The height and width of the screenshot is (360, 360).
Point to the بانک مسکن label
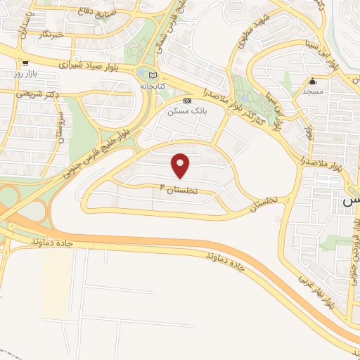pyautogui.click(x=186, y=111)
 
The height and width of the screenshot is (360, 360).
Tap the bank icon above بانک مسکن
pyautogui.click(x=186, y=101)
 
